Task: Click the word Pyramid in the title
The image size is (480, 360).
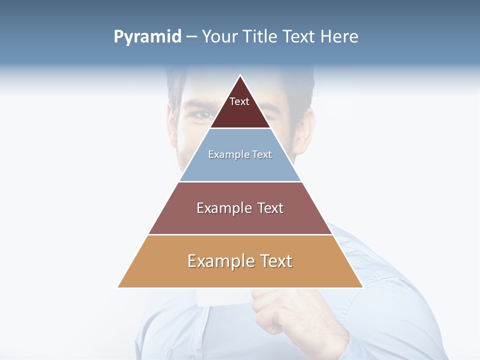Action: pos(147,37)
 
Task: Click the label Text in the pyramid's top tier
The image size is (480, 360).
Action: pos(239,101)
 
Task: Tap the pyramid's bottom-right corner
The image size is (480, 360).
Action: pos(362,287)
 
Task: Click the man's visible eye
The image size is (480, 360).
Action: pos(203,115)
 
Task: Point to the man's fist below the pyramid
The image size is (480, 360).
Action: pos(272,310)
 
